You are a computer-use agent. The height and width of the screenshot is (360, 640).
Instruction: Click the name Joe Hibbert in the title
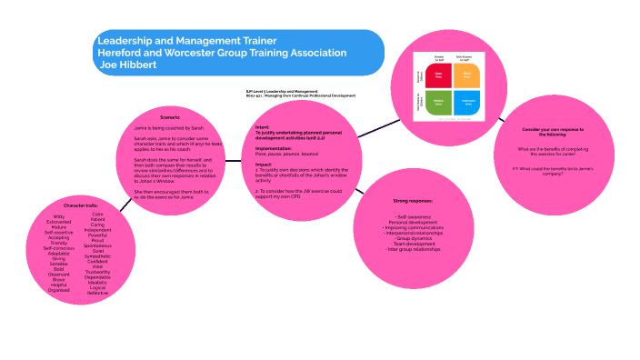[128, 65]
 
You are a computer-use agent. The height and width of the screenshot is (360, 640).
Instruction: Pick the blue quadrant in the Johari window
[467, 102]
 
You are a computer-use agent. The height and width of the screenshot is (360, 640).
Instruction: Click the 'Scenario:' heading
[170, 118]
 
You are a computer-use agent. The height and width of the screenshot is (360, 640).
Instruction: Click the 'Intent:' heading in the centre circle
[262, 127]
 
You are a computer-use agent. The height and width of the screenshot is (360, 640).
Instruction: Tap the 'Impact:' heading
[264, 165]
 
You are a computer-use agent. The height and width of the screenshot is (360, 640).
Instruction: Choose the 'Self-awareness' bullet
[414, 216]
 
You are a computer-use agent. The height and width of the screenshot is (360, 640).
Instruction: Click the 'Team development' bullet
[413, 244]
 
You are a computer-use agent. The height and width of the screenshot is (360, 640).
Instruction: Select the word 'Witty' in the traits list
[59, 216]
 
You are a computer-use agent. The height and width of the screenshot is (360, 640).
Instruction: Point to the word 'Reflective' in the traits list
[97, 293]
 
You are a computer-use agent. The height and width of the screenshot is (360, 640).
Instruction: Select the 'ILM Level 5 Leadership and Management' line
[282, 91]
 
